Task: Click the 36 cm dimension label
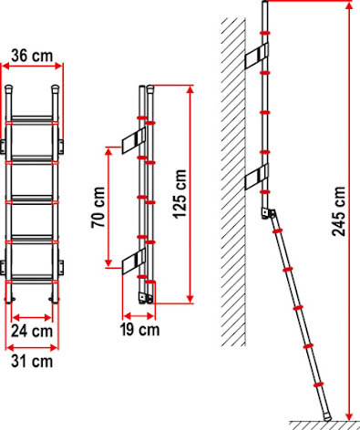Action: click(x=32, y=56)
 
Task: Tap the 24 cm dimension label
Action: click(x=32, y=331)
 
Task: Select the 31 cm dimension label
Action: click(x=32, y=362)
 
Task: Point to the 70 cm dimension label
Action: click(x=98, y=208)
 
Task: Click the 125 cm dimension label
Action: click(x=180, y=194)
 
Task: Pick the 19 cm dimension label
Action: click(x=139, y=330)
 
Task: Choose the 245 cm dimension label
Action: click(x=338, y=211)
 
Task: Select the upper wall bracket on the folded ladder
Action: click(x=134, y=140)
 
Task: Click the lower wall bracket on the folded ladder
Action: click(x=134, y=261)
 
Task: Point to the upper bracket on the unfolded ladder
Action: click(x=257, y=56)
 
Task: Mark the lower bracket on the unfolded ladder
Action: click(x=257, y=177)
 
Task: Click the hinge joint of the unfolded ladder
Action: click(x=269, y=213)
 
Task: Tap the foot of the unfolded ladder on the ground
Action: click(x=327, y=417)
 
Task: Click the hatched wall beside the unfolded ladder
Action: click(x=233, y=181)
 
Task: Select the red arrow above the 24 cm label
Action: click(x=32, y=318)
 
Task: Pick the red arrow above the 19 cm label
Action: click(x=139, y=316)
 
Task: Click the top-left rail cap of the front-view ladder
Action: click(x=8, y=88)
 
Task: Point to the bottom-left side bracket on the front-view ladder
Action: click(x=3, y=268)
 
